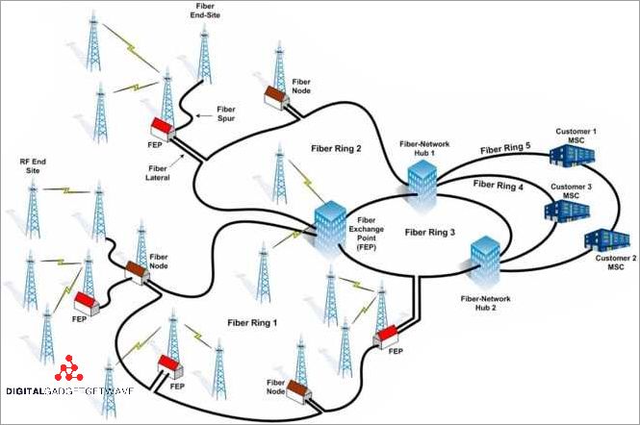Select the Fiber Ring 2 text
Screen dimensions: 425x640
336,149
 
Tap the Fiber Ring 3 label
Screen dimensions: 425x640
429,231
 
